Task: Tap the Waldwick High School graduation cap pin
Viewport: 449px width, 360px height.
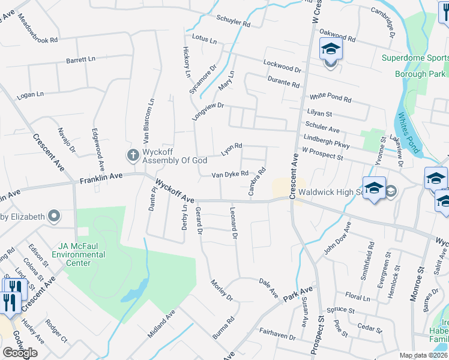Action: [373, 187]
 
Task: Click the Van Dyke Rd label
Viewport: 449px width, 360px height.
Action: [229, 175]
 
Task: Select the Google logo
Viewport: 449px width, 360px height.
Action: [20, 352]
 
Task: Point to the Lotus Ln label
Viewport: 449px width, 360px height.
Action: [205, 39]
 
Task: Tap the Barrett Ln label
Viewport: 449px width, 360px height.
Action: [81, 60]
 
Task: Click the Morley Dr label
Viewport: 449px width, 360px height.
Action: [221, 290]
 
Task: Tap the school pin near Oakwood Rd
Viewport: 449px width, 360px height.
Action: [330, 47]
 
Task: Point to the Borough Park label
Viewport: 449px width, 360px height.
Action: [419, 74]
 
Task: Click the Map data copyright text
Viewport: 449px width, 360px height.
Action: [423, 355]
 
